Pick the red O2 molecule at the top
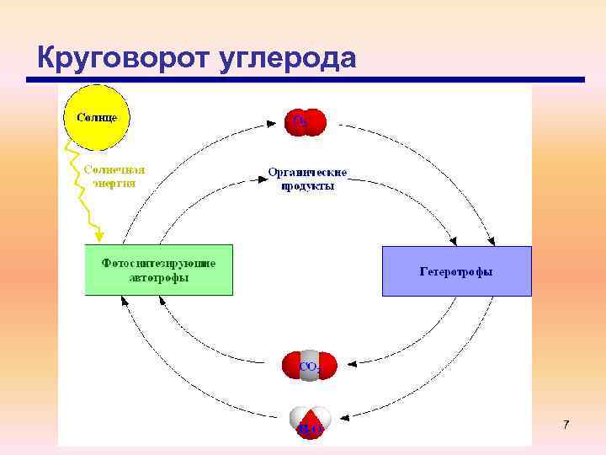point(304,121)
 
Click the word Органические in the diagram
point(307,172)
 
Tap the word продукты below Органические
point(307,185)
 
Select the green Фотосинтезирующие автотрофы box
point(158,270)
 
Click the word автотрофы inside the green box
point(158,277)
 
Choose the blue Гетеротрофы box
point(457,271)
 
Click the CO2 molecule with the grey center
point(309,366)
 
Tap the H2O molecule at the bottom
point(310,424)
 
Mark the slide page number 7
point(566,426)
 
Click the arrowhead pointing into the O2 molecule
point(276,122)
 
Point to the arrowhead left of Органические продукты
point(258,177)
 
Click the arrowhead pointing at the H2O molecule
point(343,416)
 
